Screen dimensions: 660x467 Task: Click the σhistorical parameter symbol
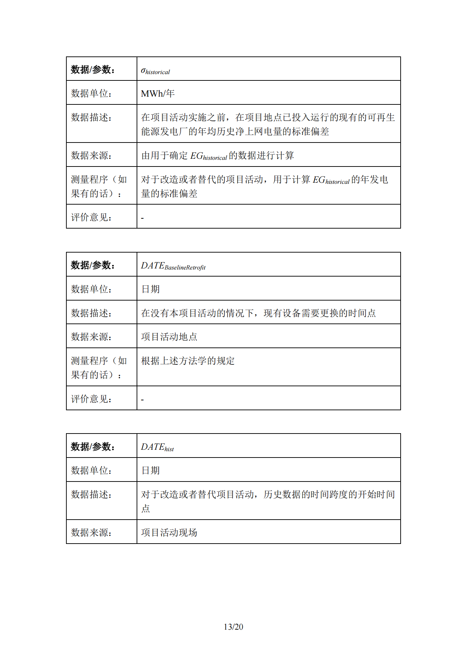[x=155, y=71]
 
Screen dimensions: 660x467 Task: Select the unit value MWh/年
[x=158, y=93]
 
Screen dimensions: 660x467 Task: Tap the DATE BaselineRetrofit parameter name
[x=173, y=266]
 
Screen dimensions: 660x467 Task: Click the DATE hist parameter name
[x=157, y=447]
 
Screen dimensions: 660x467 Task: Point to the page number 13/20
[x=233, y=627]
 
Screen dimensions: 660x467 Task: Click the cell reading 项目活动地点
[x=169, y=337]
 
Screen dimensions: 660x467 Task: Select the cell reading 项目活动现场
[x=169, y=532]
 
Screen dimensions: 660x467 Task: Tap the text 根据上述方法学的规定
[x=188, y=361]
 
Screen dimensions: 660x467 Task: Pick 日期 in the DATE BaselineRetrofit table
[x=150, y=289]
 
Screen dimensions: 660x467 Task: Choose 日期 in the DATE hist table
[x=150, y=471]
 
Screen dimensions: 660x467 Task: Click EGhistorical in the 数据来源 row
[x=208, y=156]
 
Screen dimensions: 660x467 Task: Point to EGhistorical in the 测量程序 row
[x=331, y=180]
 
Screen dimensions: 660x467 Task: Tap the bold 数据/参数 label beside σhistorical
[x=93, y=69]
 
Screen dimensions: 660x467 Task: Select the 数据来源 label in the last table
[x=91, y=532]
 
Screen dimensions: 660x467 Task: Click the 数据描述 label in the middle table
[x=91, y=313]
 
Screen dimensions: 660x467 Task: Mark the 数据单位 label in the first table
[x=91, y=93]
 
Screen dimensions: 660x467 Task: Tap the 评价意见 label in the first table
[x=91, y=217]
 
